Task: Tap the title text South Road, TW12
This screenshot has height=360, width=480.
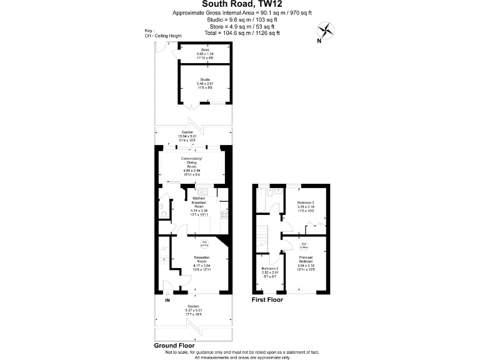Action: tap(239, 4)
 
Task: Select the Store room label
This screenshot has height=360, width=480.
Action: tap(204, 52)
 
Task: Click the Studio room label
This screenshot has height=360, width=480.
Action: tap(204, 82)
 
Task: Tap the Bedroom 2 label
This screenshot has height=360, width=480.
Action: tap(306, 207)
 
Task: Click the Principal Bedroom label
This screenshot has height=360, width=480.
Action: tap(306, 262)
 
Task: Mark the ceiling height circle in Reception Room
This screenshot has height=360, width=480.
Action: tap(204, 244)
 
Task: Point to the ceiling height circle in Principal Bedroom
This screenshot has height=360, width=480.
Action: tap(303, 244)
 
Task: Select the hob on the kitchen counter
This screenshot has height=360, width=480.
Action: tap(226, 216)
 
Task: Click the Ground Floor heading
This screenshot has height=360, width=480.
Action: tap(174, 345)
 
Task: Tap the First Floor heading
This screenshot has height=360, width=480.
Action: tap(267, 300)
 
